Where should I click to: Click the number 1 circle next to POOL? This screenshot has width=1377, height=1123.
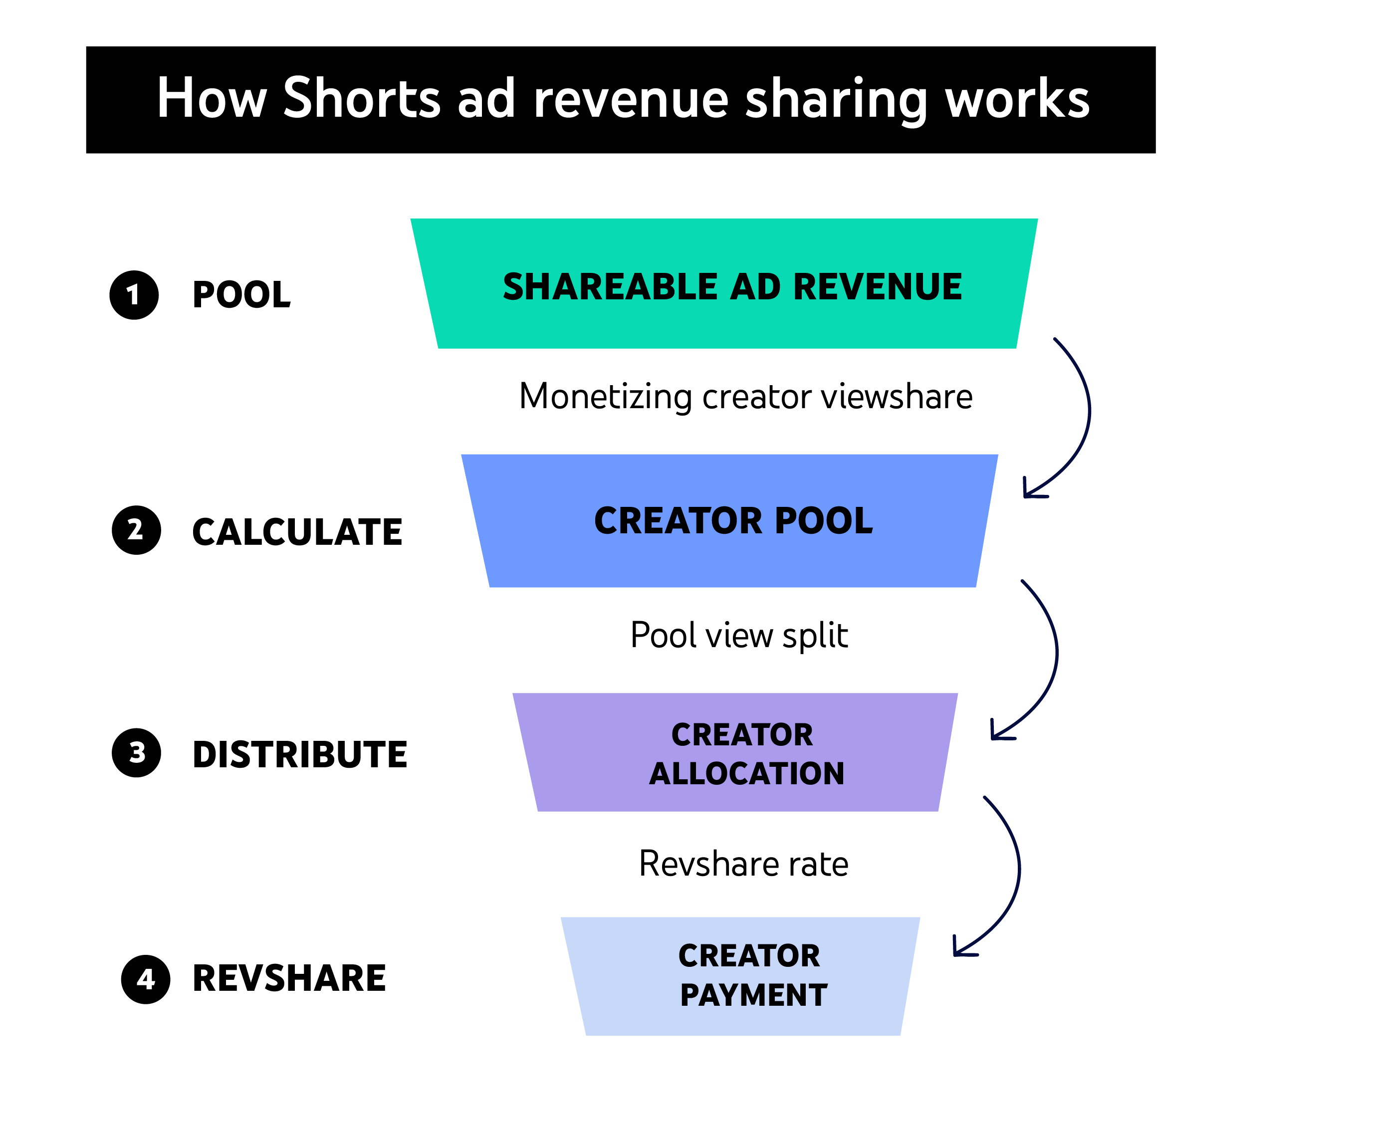click(x=134, y=295)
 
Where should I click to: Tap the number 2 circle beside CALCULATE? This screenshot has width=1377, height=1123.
click(x=136, y=530)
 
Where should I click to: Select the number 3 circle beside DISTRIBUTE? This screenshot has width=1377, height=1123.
click(x=136, y=752)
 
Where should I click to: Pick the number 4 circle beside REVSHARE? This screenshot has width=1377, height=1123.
click(x=146, y=979)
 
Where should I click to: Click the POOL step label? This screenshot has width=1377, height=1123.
click(x=241, y=295)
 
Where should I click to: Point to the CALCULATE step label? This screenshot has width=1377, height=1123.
click(x=297, y=532)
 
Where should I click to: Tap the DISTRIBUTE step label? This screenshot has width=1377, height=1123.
click(x=299, y=754)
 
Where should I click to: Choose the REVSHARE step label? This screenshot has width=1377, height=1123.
click(x=288, y=978)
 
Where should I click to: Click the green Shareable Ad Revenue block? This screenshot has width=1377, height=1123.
click(x=724, y=285)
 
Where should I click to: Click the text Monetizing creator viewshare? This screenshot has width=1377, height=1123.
click(x=745, y=397)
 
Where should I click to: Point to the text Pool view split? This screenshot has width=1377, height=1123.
click(x=738, y=635)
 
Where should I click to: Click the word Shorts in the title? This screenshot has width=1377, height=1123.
click(x=362, y=98)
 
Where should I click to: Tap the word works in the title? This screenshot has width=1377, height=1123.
click(x=1017, y=98)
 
